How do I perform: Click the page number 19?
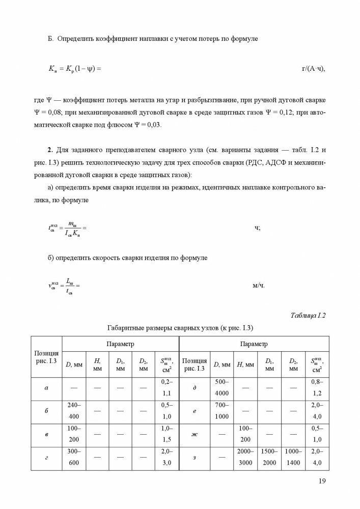[x=322, y=480]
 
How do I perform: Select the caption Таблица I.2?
[x=309, y=315]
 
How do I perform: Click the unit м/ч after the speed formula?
[x=259, y=285]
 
